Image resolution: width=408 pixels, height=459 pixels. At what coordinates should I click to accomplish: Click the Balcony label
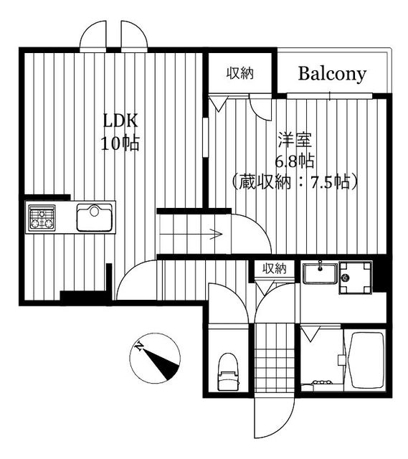coord(332,74)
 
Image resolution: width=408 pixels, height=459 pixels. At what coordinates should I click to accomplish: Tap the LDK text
coord(120,120)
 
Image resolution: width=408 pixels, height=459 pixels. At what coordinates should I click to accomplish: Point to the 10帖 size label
coord(120,143)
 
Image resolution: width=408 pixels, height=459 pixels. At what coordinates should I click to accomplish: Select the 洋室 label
coord(295,140)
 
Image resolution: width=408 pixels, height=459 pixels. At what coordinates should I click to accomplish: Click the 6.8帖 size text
coord(295,161)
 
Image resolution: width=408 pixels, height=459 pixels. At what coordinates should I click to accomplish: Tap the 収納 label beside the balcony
coord(240,73)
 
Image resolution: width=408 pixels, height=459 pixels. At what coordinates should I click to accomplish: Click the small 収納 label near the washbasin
coord(274,268)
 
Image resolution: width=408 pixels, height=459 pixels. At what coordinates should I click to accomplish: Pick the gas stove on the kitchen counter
coord(42,217)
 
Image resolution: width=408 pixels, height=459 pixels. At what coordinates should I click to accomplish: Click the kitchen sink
coord(94,217)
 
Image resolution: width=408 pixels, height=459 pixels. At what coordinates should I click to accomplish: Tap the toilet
coord(228,372)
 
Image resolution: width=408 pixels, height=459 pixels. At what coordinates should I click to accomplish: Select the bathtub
coord(367,360)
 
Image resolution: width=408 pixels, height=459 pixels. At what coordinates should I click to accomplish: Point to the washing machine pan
coord(356,278)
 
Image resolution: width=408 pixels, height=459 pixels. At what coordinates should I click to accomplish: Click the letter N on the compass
coord(139,346)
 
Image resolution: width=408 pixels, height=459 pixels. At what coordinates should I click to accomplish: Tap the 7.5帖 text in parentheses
coord(331,182)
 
